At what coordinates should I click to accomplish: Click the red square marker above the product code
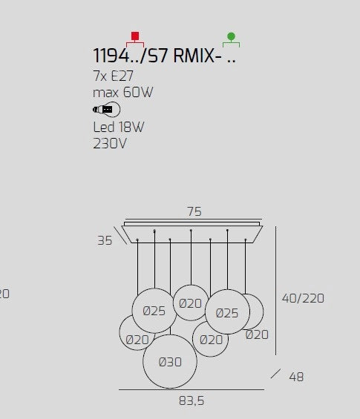point(135,36)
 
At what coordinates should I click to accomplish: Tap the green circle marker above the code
point(231,36)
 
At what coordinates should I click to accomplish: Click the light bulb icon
point(106,110)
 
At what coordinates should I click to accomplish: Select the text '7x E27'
point(113,76)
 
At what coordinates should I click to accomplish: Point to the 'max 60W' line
point(122,93)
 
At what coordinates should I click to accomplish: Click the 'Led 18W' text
point(119,127)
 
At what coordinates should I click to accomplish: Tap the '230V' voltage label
point(110,143)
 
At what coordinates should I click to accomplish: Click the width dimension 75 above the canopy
point(194,211)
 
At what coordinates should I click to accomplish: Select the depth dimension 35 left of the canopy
point(105,240)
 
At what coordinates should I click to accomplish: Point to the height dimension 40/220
point(303,298)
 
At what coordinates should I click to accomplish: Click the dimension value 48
point(296,377)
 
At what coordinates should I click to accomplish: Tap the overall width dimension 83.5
point(192,400)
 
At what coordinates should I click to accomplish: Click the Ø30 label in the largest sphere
point(170,362)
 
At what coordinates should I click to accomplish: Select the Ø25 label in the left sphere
point(154,311)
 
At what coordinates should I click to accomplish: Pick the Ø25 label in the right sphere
point(227,313)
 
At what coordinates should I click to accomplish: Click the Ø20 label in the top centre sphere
point(190,303)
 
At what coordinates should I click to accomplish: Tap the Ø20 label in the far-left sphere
point(137,340)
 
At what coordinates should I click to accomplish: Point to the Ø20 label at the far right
point(257,334)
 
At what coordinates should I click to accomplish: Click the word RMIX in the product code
point(194,56)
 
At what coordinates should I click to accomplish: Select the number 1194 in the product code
point(111,56)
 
